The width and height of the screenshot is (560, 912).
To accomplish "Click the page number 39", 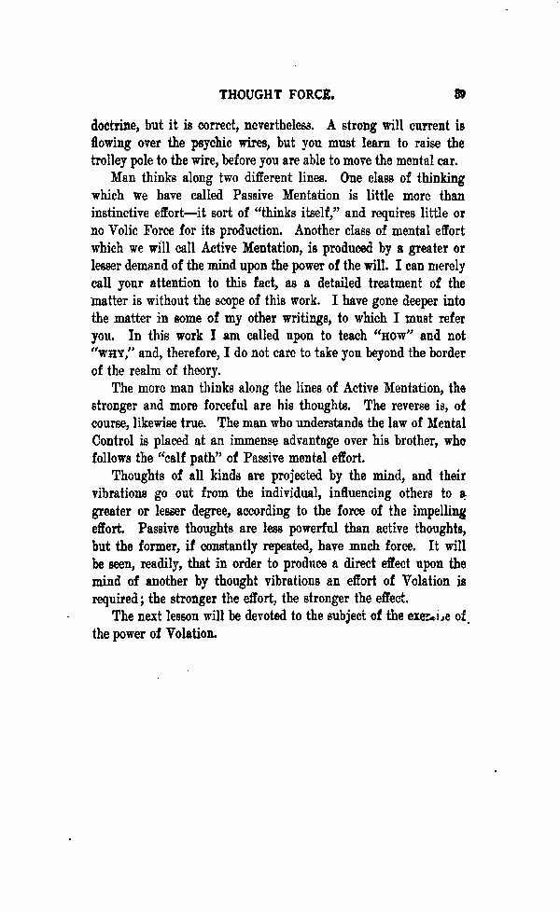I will tap(460, 93).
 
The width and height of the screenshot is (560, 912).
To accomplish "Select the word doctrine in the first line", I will tap(115, 125).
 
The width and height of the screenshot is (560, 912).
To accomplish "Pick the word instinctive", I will tap(124, 214).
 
